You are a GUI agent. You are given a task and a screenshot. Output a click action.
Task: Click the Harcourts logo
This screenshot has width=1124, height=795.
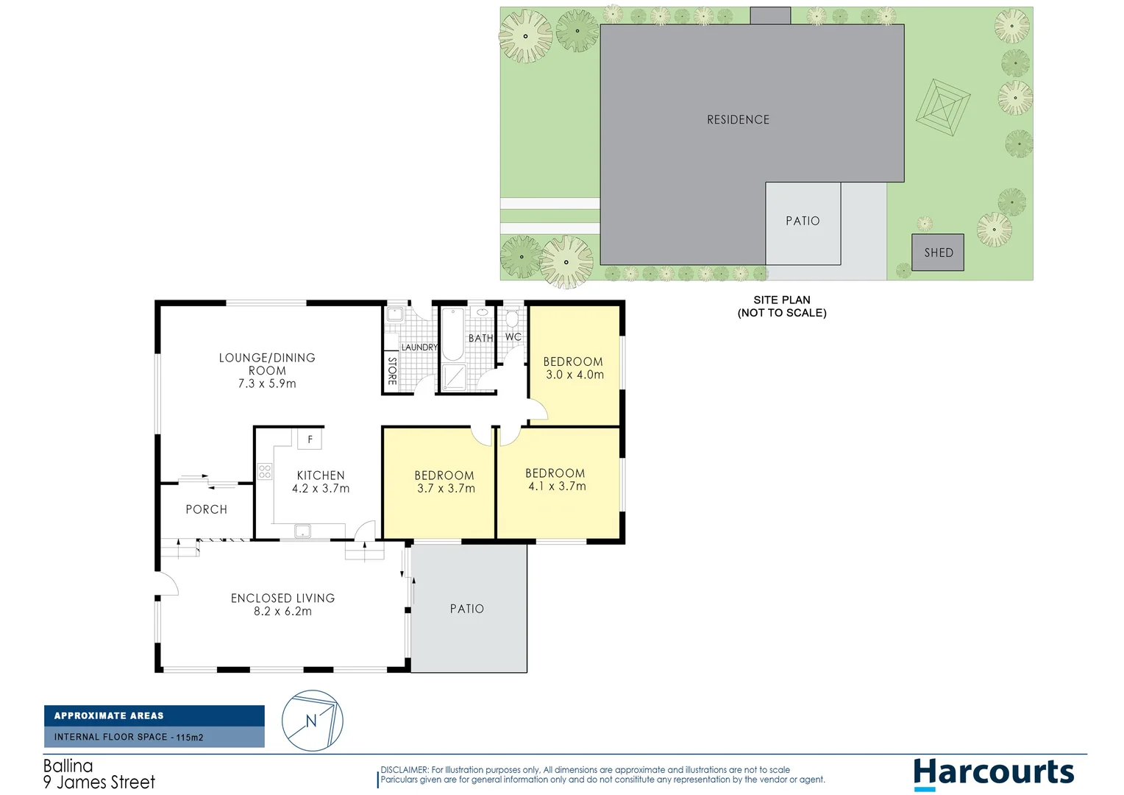tap(993, 774)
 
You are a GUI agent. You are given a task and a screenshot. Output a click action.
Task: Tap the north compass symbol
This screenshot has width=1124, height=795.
tap(313, 721)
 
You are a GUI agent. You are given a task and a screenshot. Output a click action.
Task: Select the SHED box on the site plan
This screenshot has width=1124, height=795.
tap(938, 252)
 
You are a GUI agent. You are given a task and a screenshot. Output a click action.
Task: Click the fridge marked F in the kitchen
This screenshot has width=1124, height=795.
tap(310, 439)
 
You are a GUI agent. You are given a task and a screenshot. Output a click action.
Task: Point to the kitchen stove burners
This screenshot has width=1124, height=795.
tap(265, 471)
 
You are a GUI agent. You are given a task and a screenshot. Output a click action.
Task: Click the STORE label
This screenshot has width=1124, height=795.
tap(392, 371)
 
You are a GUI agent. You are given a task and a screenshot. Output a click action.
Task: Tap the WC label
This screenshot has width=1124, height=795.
tap(513, 337)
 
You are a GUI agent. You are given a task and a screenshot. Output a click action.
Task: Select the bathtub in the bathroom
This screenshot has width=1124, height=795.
tap(452, 335)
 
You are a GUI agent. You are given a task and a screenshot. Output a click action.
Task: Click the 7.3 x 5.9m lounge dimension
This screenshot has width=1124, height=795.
tap(267, 384)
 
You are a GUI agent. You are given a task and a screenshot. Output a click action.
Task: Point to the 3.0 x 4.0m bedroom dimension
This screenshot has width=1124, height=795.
tap(575, 375)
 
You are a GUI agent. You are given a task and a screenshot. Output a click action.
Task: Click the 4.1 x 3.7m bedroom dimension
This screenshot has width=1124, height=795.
tap(557, 487)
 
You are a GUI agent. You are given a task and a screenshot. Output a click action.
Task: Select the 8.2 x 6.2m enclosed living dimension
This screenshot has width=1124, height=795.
tap(282, 612)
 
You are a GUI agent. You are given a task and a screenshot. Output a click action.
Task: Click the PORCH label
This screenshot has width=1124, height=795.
tap(206, 509)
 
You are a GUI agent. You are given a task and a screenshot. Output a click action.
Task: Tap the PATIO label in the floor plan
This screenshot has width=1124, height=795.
tap(467, 609)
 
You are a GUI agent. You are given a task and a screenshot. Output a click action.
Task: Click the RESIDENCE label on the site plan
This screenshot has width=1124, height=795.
tap(738, 119)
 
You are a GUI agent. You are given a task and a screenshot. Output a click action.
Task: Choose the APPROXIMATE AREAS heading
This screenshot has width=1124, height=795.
tap(109, 715)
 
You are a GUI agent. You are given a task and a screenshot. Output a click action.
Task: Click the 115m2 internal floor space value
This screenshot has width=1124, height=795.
tap(190, 737)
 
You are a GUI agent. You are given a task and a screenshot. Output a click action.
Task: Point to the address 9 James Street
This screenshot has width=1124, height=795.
tap(99, 782)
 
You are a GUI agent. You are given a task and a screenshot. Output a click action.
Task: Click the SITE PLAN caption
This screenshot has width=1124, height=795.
tap(782, 300)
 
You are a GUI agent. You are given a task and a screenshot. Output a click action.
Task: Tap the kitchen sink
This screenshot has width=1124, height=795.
tap(302, 531)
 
